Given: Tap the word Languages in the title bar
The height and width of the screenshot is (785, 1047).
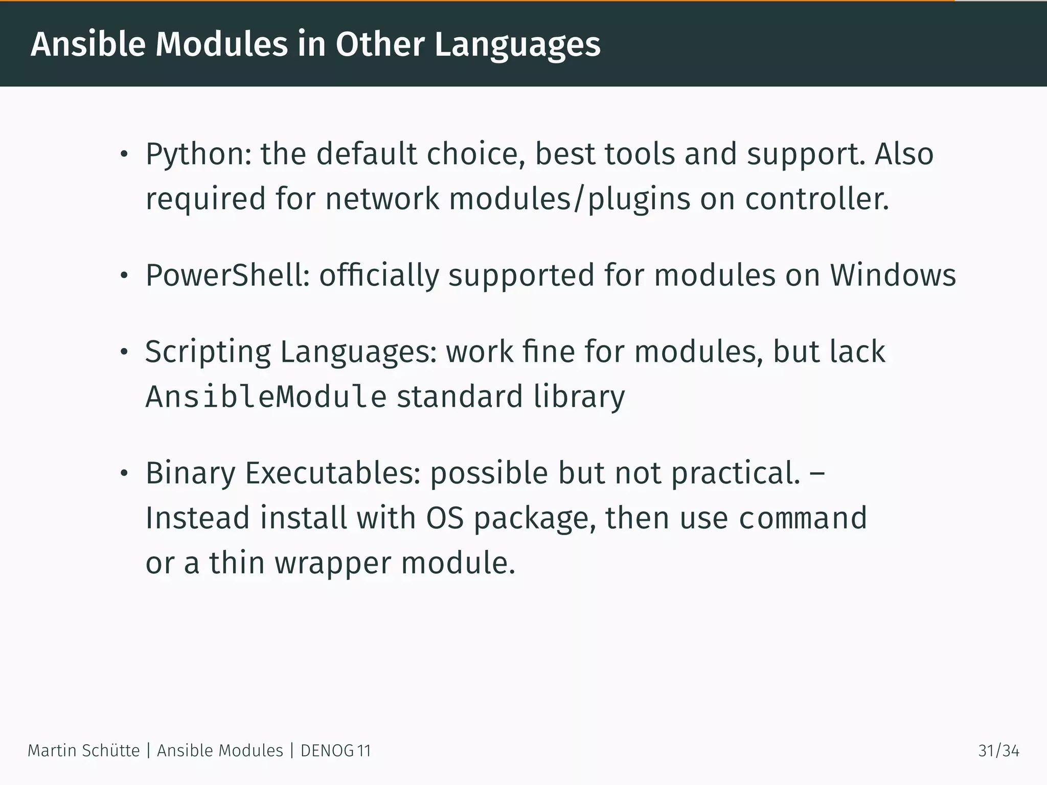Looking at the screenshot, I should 517,45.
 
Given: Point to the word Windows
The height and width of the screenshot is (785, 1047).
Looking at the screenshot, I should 893,275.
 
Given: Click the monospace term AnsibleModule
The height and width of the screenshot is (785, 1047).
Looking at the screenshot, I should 266,397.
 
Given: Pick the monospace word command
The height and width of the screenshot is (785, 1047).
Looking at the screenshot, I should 803,518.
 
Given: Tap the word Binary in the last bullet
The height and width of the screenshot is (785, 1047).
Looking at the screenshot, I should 190,473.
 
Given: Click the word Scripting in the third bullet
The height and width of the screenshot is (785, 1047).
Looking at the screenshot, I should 208,353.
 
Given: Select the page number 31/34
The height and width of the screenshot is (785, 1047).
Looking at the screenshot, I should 998,751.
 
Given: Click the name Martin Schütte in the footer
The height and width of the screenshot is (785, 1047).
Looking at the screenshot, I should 83,751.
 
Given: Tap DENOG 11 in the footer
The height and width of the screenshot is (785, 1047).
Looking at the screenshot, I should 335,751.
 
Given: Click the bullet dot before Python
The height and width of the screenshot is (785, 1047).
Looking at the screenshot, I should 123,155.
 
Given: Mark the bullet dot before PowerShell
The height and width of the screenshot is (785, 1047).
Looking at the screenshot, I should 123,276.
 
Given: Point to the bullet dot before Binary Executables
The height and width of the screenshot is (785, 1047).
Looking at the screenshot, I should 123,474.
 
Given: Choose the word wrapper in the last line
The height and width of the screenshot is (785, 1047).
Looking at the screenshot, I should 333,563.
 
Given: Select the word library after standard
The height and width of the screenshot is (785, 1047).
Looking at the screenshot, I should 579,397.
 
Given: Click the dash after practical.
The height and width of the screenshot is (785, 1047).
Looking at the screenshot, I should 817,474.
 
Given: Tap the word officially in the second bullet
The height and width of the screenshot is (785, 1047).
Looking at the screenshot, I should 379,275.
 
